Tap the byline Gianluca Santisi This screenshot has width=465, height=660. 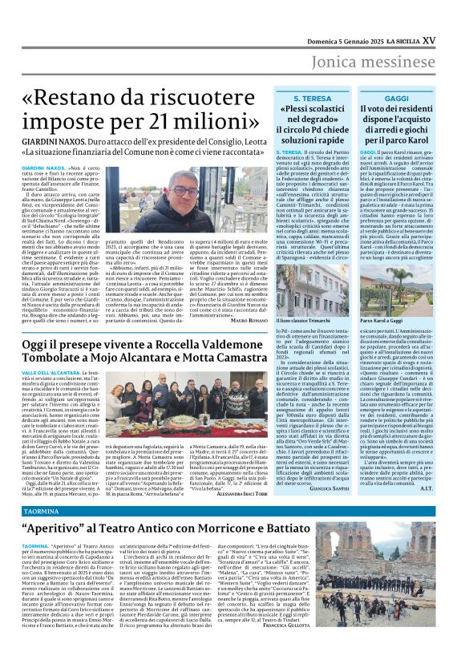coord(349,488)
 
